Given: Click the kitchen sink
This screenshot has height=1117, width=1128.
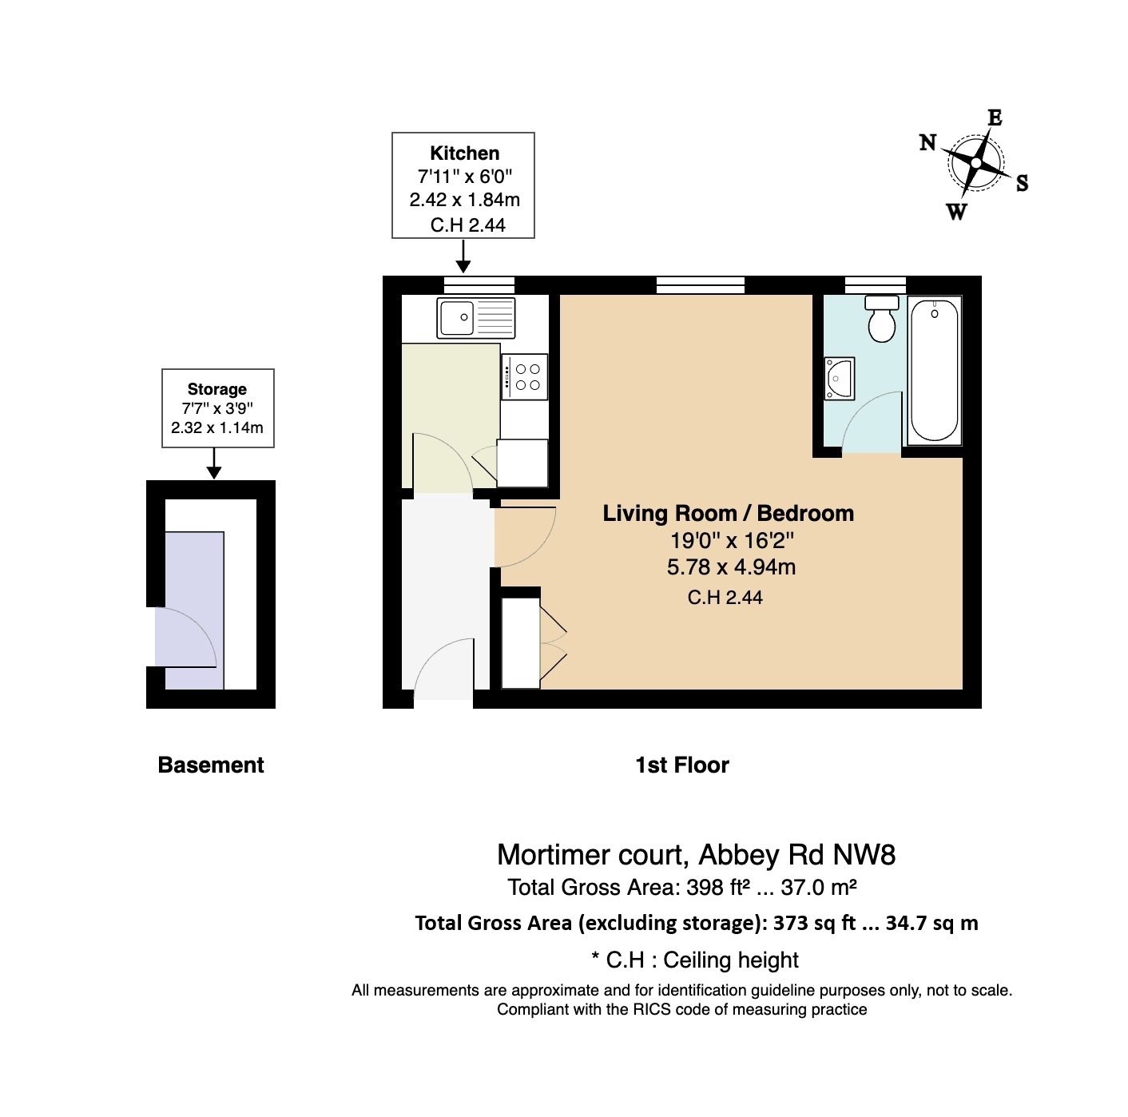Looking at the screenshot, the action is point(476,318).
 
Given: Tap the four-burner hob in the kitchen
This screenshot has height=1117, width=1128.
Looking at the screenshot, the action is point(525,377).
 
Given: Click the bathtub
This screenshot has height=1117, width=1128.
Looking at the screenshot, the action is point(934,370).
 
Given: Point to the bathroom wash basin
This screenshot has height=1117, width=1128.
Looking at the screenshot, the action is point(840,379).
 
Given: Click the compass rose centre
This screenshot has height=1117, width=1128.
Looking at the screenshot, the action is point(975,163).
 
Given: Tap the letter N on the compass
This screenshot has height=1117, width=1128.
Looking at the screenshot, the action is point(927,142).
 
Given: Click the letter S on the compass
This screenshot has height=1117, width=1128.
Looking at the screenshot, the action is point(1022,183).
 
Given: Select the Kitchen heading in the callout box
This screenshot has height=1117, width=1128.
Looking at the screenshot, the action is point(465,153).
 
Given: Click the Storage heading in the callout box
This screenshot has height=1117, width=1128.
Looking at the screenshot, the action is point(216,390).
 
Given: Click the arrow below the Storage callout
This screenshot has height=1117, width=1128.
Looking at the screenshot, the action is point(214,463).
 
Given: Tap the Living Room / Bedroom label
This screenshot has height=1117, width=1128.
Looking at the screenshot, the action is point(729,514).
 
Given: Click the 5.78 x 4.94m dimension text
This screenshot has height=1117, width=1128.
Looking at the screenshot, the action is point(731,567).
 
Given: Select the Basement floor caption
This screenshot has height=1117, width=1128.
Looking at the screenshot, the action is point(211,765).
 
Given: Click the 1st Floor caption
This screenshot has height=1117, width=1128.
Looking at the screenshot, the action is point(682,765).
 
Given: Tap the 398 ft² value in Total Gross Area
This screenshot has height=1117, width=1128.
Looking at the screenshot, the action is point(718,888).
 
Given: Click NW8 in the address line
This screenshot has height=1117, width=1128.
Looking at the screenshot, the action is point(864,855).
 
